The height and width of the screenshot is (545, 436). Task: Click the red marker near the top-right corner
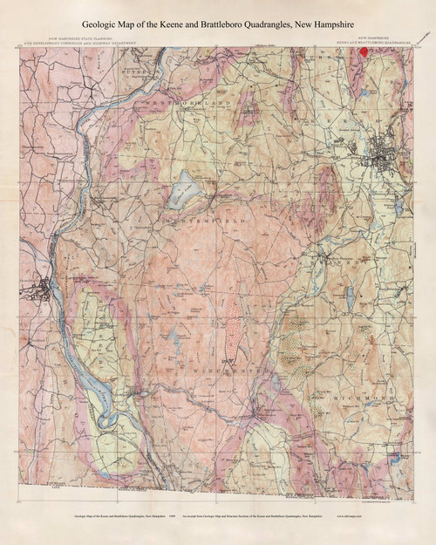[x=364, y=50]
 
